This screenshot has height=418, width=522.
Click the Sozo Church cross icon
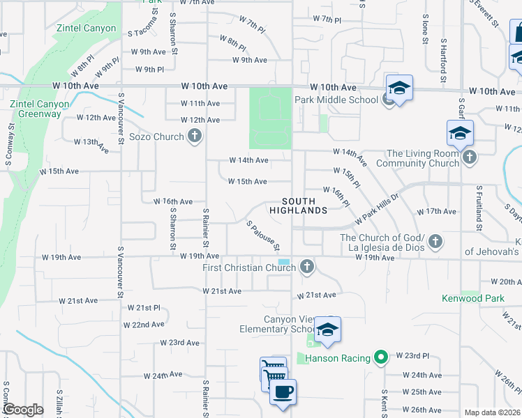click(195, 137)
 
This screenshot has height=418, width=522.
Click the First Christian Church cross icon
click(306, 266)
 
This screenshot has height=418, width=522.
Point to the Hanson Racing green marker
click(380, 358)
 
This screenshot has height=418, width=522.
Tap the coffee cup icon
click(283, 393)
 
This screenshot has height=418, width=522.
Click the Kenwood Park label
click(473, 298)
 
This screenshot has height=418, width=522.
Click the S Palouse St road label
click(264, 236)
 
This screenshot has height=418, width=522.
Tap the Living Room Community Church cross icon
click(470, 157)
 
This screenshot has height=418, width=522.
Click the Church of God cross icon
click(435, 241)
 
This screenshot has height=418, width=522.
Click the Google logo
click(23, 410)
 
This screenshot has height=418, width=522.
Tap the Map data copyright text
click(492, 412)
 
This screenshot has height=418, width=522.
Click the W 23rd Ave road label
click(180, 343)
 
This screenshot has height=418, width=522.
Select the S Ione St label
click(425, 29)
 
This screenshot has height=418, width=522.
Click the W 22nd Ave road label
click(144, 325)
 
